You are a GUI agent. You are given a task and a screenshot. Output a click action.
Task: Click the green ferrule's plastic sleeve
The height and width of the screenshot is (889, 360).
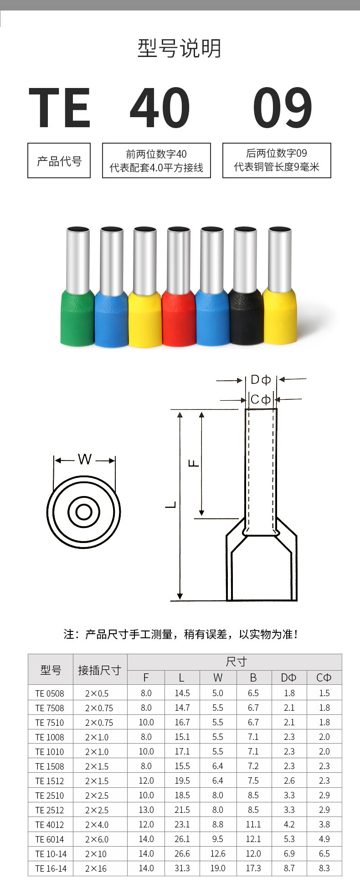(77, 318)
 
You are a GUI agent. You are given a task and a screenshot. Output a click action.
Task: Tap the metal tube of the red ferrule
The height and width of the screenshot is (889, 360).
(178, 260)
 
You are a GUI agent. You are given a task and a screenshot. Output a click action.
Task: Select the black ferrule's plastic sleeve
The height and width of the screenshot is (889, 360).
(246, 316)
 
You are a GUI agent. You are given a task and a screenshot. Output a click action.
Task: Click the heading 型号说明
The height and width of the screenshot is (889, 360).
(180, 49)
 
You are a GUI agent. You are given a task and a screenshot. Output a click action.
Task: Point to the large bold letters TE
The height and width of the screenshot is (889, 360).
(60, 109)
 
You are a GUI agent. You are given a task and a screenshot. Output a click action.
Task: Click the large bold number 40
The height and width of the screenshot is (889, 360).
(159, 109)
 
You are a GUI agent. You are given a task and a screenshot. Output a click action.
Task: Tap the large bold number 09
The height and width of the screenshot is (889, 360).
(283, 109)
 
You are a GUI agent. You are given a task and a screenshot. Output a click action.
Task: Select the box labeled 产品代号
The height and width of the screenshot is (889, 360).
(59, 160)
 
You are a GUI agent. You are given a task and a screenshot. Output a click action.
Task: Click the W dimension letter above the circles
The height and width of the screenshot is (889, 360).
(85, 459)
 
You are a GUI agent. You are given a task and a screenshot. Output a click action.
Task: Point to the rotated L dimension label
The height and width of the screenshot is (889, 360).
(171, 505)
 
